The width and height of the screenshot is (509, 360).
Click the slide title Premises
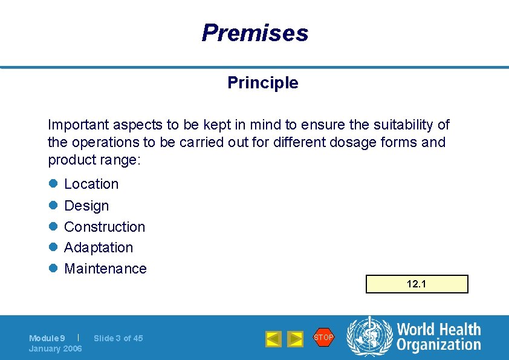[254, 33]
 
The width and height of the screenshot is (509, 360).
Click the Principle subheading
[262, 83]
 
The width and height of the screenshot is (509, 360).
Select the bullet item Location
[91, 184]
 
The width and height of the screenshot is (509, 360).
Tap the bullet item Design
[86, 206]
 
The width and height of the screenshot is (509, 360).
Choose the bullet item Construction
[105, 227]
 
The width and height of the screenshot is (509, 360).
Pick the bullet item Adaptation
[99, 247]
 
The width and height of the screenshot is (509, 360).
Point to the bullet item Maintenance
[105, 269]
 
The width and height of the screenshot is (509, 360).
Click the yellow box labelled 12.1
[417, 284]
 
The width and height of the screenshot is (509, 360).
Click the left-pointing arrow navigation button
[273, 339]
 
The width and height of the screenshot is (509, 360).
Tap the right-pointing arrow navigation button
[295, 339]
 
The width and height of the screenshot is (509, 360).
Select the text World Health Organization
[438, 337]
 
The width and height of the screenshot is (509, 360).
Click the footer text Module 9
[47, 338]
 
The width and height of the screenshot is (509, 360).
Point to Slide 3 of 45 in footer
[118, 338]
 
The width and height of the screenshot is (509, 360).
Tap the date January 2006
[56, 349]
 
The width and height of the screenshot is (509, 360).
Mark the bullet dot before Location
[53, 184]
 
